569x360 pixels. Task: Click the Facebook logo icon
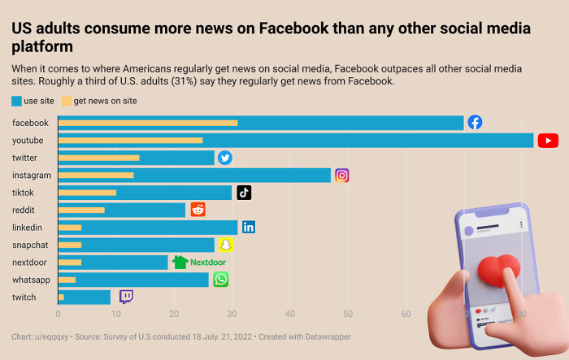coord(475,123)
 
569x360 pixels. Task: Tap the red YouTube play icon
coord(548,141)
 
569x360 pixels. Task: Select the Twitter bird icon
coord(225,158)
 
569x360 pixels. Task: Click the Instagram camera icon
coord(342,175)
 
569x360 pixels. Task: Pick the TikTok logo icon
coord(244,193)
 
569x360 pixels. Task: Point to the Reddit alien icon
coord(198,210)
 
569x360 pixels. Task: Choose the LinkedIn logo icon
coord(249,227)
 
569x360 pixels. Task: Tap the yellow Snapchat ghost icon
coord(226,245)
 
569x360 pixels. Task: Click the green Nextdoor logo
coord(198,262)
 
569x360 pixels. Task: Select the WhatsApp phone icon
coord(220,280)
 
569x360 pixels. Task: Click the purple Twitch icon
coord(126,297)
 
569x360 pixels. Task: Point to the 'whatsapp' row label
coord(31,280)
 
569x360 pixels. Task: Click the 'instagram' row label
coord(32,175)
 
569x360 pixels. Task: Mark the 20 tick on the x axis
coord(174,313)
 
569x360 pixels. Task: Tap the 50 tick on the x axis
coord(348,313)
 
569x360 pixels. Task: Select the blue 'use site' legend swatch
coord(17,102)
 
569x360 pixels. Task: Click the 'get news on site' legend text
coord(105,102)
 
